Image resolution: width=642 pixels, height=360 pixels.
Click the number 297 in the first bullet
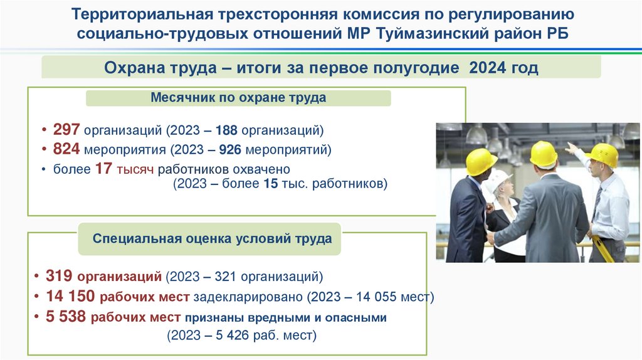tap(66, 130)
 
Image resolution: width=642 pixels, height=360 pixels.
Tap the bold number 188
tap(228, 130)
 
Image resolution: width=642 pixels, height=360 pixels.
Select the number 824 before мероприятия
tap(66, 149)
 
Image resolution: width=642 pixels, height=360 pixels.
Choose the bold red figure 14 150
tap(67, 296)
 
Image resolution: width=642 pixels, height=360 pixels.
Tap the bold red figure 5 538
tap(66, 317)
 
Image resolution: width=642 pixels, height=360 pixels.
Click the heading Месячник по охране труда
tap(238, 98)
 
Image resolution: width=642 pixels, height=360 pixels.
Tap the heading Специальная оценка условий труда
tap(213, 239)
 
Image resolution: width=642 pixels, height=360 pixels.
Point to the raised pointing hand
tap(571, 148)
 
